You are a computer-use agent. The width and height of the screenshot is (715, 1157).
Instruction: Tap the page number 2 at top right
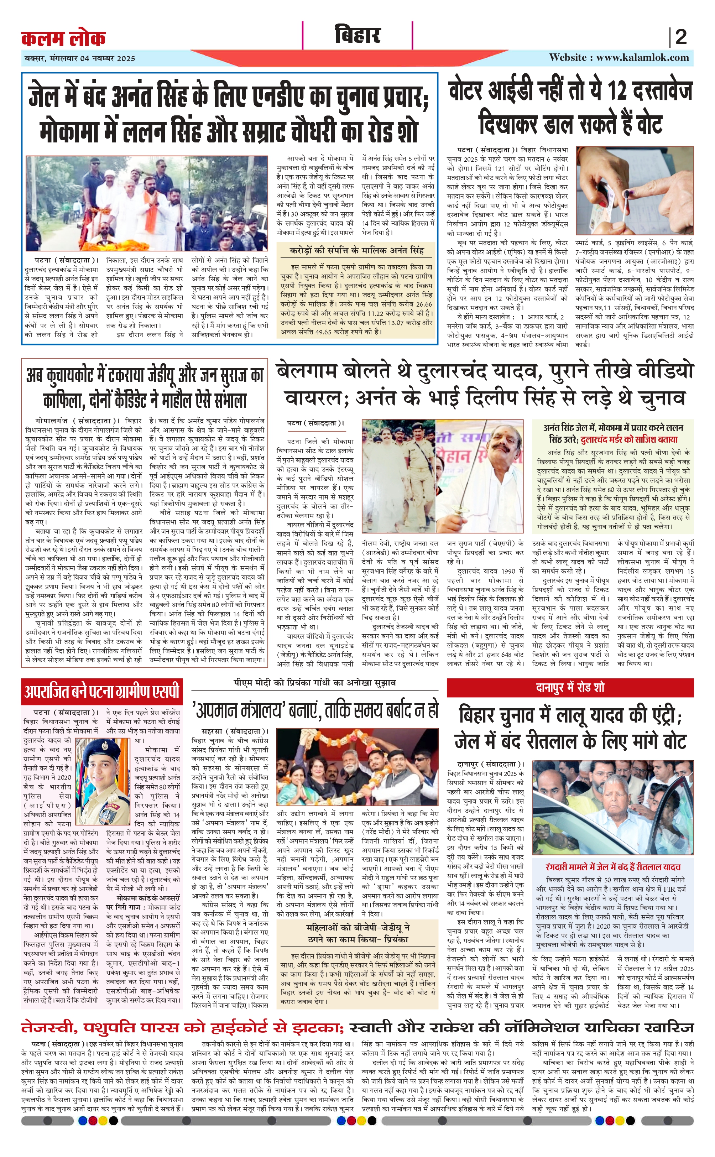(680, 37)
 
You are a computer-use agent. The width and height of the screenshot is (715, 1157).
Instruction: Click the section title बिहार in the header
(357, 36)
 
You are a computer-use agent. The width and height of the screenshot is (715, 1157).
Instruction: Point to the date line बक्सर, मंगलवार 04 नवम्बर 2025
(80, 59)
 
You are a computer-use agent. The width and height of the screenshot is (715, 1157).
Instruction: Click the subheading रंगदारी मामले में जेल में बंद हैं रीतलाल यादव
(613, 867)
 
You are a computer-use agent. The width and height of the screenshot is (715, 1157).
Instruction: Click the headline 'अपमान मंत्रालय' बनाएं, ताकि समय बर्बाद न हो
(314, 709)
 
